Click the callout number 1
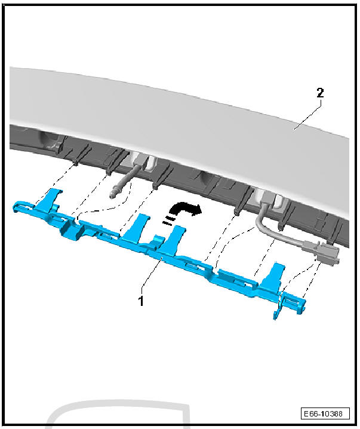click(141, 301)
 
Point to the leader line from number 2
click(308, 114)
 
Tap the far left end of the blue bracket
click(17, 207)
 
